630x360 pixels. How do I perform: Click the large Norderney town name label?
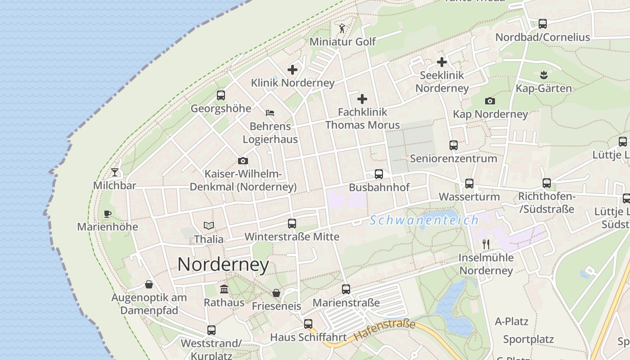point(223,265)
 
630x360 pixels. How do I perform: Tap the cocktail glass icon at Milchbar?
point(115,172)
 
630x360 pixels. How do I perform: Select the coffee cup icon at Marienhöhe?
point(107,214)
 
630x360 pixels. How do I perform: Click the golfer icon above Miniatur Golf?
point(342,29)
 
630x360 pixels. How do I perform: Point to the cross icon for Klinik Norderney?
point(292,70)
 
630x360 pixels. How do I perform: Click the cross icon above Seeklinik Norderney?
point(442,62)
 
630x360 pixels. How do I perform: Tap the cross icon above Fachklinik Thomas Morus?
point(362,99)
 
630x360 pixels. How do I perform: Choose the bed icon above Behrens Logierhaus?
point(270,112)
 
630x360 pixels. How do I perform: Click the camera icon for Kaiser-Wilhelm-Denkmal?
point(243,161)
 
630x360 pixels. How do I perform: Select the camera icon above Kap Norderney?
point(490,101)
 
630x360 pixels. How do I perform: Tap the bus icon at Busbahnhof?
point(379,174)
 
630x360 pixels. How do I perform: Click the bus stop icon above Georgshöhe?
point(220,95)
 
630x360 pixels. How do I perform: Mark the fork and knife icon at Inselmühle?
point(486,244)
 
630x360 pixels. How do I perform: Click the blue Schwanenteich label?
point(424,220)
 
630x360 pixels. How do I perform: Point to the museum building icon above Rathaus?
point(224,289)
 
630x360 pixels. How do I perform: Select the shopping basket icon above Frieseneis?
point(276,293)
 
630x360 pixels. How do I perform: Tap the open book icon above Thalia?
point(208,225)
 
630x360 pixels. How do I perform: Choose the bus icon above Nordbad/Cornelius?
point(543,24)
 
